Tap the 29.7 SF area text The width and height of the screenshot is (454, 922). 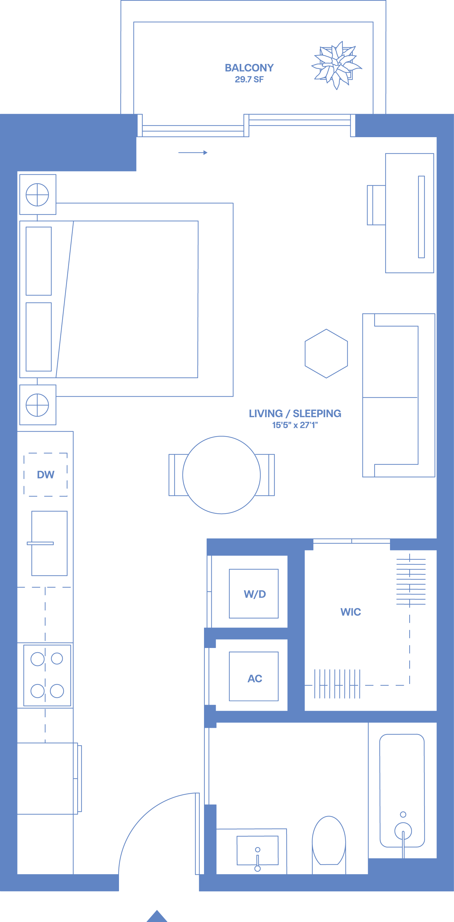coord(249,80)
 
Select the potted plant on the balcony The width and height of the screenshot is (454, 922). coord(336,65)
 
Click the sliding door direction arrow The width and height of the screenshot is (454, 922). coord(193,152)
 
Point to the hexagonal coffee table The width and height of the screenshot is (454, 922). coord(326,353)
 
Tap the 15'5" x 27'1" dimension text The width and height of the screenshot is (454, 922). coord(295,425)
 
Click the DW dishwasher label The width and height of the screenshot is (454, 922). coord(45,475)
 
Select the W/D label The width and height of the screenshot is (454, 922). coord(255,594)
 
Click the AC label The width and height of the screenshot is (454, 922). coord(255,678)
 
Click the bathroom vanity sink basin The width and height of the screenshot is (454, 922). coord(257,850)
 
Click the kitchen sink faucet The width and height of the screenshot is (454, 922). coord(40,543)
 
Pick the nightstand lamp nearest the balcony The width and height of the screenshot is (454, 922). coord(37,195)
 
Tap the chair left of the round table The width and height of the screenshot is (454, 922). coord(176,475)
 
